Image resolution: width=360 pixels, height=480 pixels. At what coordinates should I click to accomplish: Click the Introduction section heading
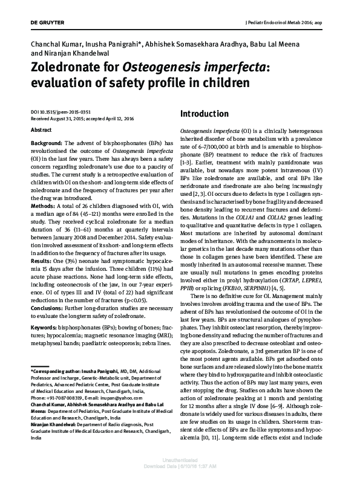205,114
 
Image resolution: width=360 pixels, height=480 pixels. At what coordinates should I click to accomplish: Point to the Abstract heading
41,130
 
